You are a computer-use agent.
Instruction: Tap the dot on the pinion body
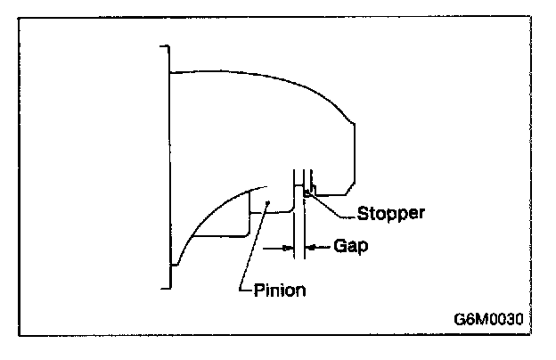[266, 202]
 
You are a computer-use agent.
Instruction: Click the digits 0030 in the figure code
[506, 316]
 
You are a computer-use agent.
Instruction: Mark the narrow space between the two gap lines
[299, 241]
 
